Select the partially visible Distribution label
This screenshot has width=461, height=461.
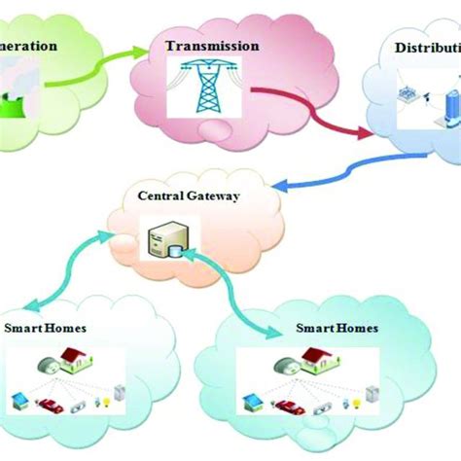pos(427,48)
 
